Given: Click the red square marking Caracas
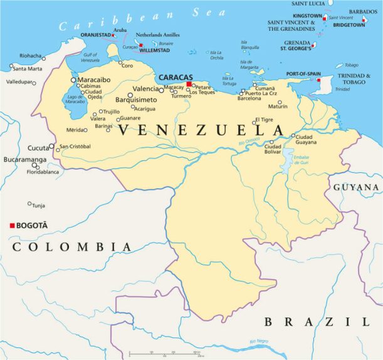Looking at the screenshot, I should pyautogui.click(x=189, y=84).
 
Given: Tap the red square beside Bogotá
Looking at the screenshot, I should pyautogui.click(x=11, y=225).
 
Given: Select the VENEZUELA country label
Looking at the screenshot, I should pyautogui.click(x=201, y=130).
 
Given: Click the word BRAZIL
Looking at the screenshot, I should pyautogui.click(x=317, y=322).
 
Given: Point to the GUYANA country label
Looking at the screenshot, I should pyautogui.click(x=355, y=187).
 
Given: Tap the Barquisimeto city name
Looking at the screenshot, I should pyautogui.click(x=137, y=100).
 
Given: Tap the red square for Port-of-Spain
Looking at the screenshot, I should pyautogui.click(x=318, y=80).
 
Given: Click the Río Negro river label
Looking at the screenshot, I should pyautogui.click(x=260, y=341).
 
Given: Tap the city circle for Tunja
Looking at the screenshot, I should pyautogui.click(x=29, y=203).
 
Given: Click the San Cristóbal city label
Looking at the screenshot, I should pyautogui.click(x=75, y=147).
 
